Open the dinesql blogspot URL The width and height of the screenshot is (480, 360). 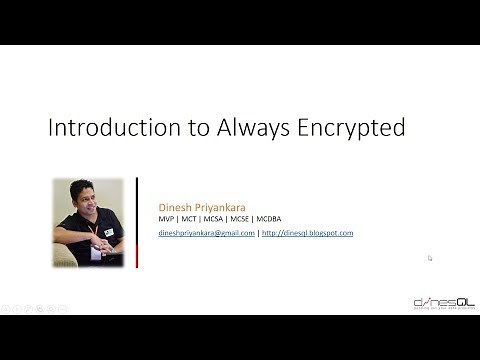click(308, 233)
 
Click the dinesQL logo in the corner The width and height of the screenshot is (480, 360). click(444, 302)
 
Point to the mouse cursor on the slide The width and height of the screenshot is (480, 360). click(430, 258)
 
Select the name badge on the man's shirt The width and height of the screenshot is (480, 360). click(108, 232)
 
